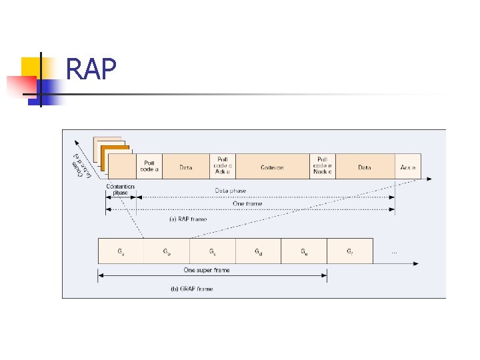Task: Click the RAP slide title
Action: (91, 69)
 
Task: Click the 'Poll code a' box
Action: (149, 165)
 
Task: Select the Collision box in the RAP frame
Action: (272, 167)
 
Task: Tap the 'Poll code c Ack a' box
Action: (223, 166)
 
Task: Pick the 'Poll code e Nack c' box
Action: (322, 166)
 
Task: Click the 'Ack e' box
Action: (408, 167)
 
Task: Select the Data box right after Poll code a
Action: (186, 167)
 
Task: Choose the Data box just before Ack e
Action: (364, 167)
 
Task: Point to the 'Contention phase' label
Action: (121, 190)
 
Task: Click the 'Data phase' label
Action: (230, 191)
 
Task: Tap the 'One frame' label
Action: (247, 203)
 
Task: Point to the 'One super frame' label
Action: (207, 270)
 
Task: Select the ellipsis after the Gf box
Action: (395, 251)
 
